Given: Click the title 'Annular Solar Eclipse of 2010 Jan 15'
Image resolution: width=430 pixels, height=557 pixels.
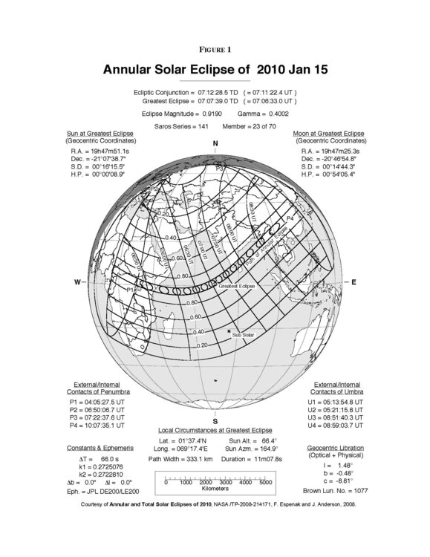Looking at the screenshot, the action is click(215, 70).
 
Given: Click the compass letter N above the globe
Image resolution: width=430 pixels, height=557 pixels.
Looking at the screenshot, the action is click(215, 143).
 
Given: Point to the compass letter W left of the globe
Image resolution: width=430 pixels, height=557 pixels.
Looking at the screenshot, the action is click(77, 282).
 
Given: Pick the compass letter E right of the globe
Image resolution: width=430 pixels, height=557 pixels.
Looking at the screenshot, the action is click(354, 282).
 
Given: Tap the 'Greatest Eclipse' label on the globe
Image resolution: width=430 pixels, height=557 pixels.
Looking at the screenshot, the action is click(237, 285).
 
